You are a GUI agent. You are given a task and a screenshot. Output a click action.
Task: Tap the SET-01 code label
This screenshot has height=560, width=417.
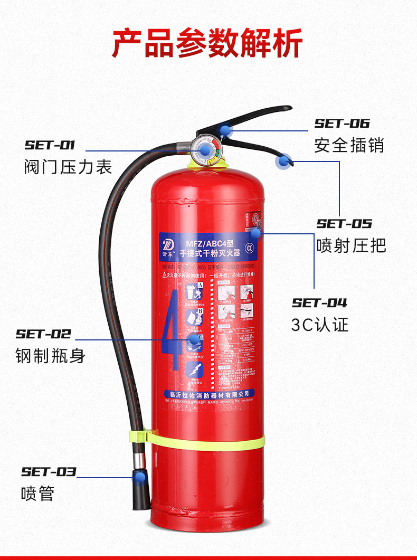[50, 145]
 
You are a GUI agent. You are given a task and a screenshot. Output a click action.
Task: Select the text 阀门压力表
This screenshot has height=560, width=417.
[68, 167]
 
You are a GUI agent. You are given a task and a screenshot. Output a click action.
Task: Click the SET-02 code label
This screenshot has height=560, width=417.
[43, 334]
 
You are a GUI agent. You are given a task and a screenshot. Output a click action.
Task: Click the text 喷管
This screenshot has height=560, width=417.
[37, 494]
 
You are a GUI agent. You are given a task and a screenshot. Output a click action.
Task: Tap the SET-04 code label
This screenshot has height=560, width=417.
[320, 303]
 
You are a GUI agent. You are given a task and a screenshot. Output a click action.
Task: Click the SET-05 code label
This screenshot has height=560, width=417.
[344, 224]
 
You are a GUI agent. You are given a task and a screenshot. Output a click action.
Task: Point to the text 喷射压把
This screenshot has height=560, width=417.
[352, 245]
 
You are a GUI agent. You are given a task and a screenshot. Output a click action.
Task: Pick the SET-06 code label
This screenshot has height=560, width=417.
[342, 124]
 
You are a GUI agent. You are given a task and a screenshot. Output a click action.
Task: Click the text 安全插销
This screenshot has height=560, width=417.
[349, 145]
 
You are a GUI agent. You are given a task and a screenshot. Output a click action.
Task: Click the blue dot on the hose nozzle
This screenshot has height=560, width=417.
[140, 478]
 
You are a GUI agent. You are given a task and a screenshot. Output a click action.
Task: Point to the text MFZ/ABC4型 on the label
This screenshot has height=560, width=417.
[206, 243]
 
